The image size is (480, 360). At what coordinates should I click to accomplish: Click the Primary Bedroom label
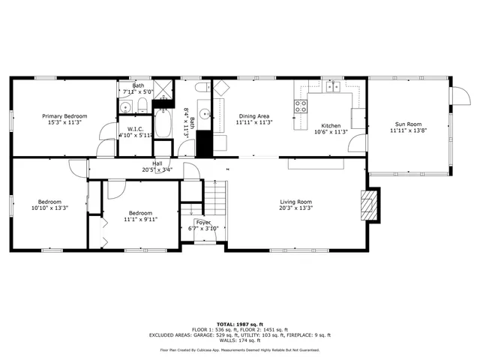[64, 116]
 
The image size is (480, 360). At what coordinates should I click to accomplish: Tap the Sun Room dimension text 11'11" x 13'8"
[409, 130]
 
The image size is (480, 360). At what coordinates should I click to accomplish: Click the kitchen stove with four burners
[301, 106]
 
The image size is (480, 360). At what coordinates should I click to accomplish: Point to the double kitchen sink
[334, 87]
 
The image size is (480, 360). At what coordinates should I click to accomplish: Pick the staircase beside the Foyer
[215, 201]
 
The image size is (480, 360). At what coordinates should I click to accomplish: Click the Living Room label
[295, 202]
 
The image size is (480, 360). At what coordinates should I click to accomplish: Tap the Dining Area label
[253, 116]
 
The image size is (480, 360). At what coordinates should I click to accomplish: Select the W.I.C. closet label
[135, 129]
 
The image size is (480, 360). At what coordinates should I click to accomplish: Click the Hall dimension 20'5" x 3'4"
[157, 169]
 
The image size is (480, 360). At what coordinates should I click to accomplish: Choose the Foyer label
[202, 223]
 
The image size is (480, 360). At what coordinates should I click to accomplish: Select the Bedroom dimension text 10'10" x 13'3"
[49, 208]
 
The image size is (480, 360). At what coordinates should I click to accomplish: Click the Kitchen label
[331, 125]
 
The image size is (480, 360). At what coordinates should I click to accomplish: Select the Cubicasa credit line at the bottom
[239, 349]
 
